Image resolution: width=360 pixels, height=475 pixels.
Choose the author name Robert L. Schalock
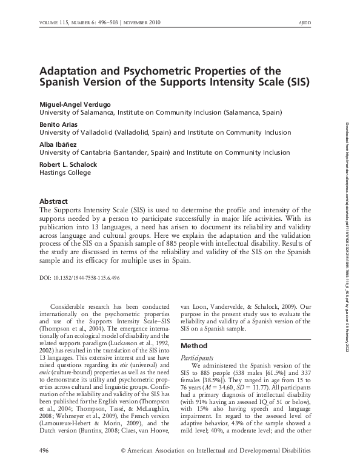pos(68,164)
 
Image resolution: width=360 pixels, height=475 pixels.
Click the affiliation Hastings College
pos(65,172)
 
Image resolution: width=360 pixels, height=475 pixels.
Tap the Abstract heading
pos(53,201)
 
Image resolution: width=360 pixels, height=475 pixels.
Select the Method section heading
pos(195,345)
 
